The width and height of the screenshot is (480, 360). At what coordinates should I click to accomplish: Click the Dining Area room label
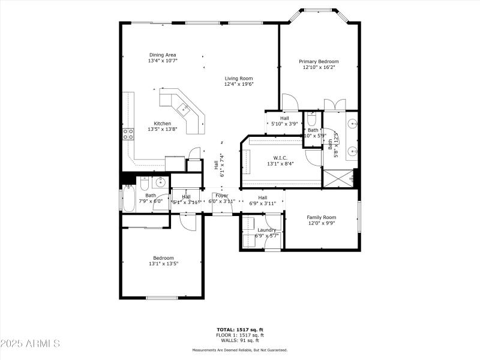(163, 55)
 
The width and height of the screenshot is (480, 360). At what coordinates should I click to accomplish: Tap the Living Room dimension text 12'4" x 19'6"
(239, 85)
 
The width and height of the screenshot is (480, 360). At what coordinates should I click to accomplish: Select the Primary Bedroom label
(319, 61)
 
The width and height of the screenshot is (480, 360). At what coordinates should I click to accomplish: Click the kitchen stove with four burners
(128, 133)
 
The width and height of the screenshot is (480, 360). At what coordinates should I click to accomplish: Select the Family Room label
(321, 217)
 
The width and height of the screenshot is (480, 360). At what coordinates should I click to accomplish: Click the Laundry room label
(266, 230)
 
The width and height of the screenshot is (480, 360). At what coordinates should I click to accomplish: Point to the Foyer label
(221, 196)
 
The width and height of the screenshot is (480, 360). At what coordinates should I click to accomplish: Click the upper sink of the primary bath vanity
(352, 124)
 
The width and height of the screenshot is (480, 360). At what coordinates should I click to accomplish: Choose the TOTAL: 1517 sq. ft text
(239, 329)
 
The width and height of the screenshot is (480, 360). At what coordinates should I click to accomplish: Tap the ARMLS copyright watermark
(30, 344)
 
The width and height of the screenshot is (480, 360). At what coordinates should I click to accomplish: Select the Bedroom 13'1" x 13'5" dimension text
(162, 263)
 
